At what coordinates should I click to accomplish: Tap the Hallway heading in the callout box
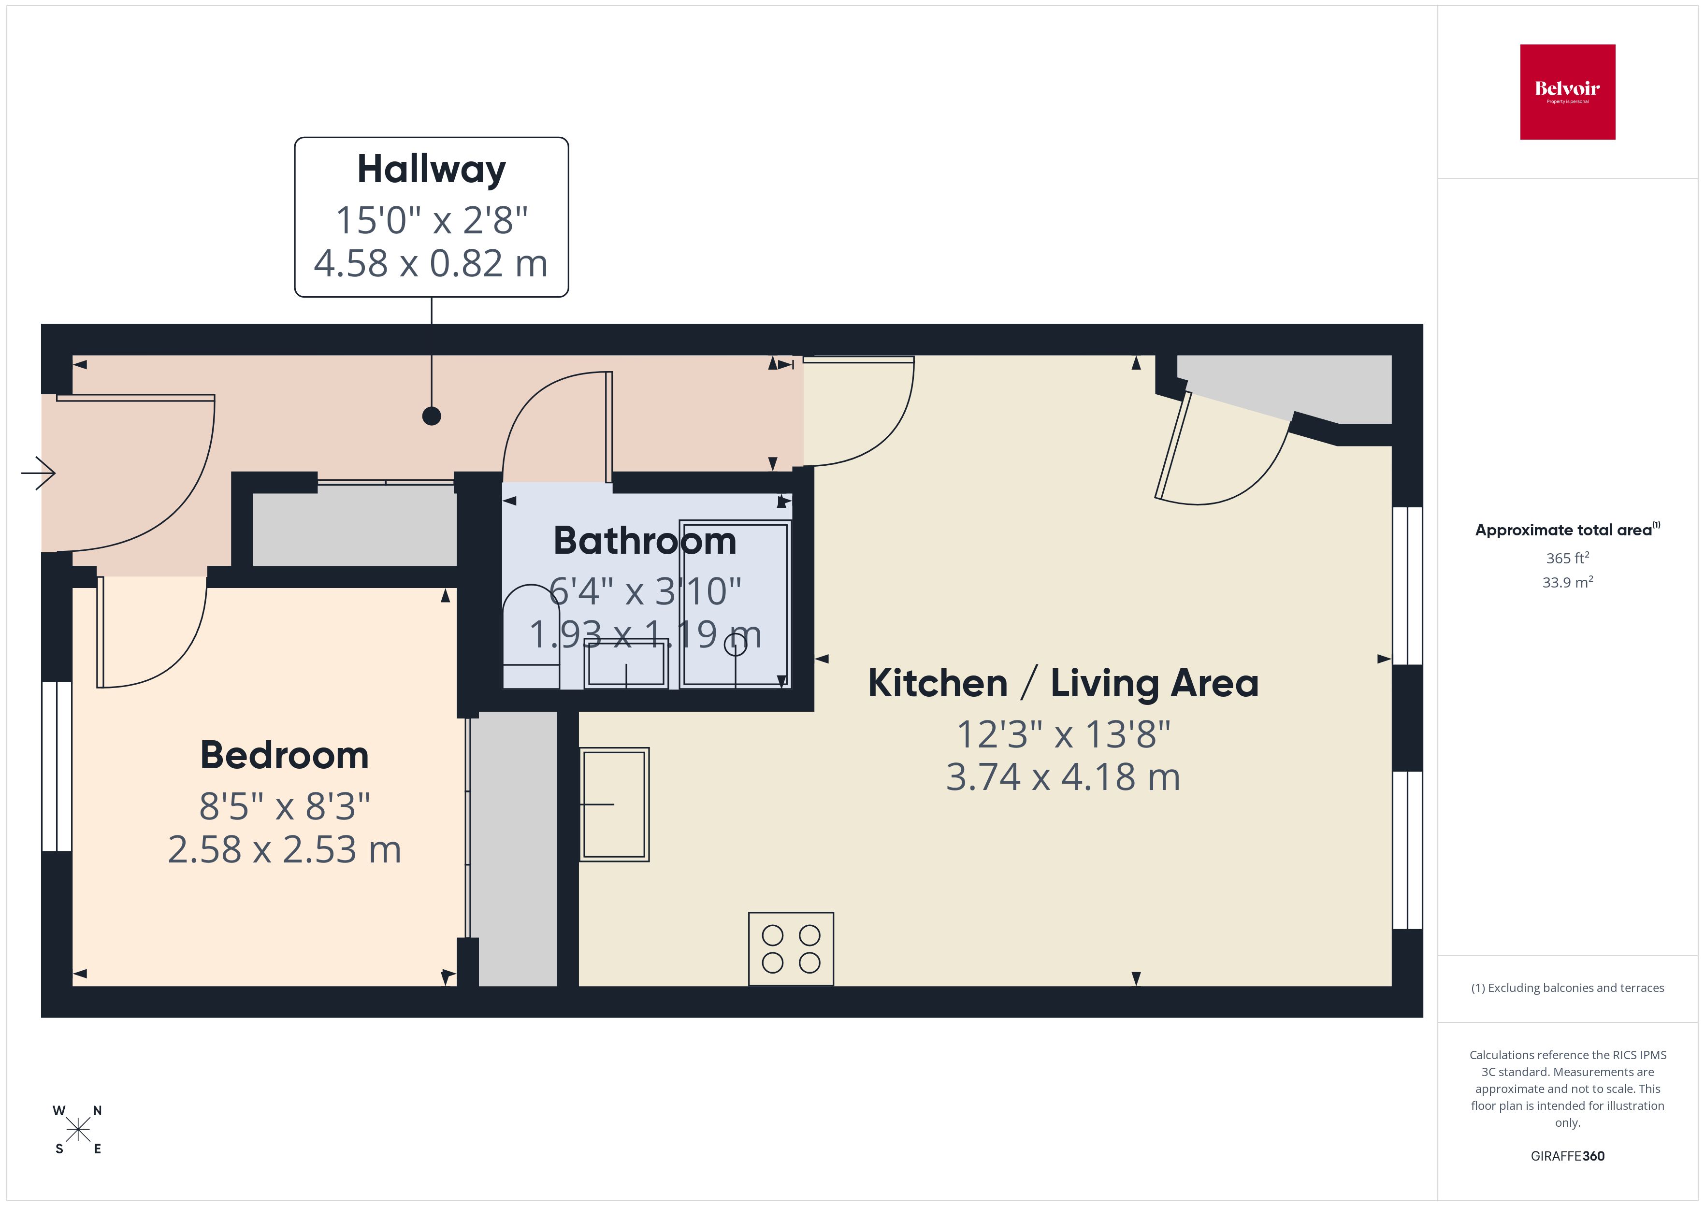pyautogui.click(x=432, y=169)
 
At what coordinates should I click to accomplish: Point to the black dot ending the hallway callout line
pyautogui.click(x=432, y=416)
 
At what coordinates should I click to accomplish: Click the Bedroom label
pyautogui.click(x=285, y=755)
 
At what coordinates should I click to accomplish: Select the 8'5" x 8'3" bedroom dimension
pyautogui.click(x=285, y=806)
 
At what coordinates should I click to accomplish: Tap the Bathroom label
pyautogui.click(x=645, y=541)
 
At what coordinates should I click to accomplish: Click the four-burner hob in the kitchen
pyautogui.click(x=791, y=948)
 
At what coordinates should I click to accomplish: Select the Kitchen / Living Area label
pyautogui.click(x=1063, y=683)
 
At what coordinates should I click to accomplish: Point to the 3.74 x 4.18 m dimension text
pyautogui.click(x=1063, y=777)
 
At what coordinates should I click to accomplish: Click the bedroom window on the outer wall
pyautogui.click(x=57, y=766)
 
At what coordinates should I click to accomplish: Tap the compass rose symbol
pyautogui.click(x=78, y=1130)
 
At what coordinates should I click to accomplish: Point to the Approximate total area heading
pyautogui.click(x=1565, y=530)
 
